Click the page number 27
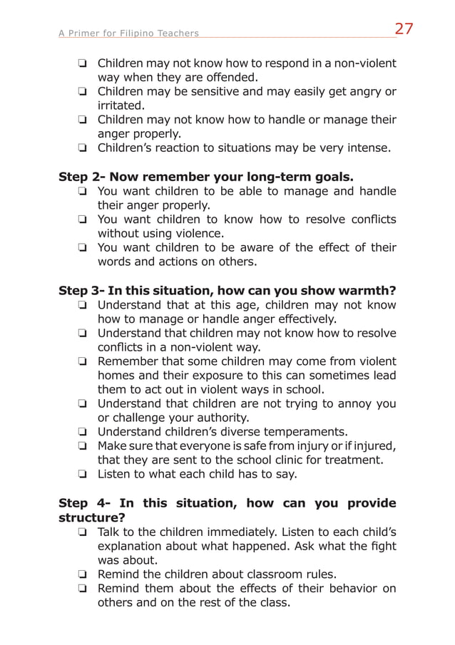pos(404,29)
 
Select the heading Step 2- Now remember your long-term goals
pos(206,177)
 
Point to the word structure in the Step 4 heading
pos(92,517)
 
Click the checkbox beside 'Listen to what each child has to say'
pos(83,475)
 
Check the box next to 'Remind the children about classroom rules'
pos(83,574)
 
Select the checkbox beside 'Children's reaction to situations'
pos(83,149)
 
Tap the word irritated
pos(121,105)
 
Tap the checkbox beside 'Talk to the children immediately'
pos(83,532)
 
